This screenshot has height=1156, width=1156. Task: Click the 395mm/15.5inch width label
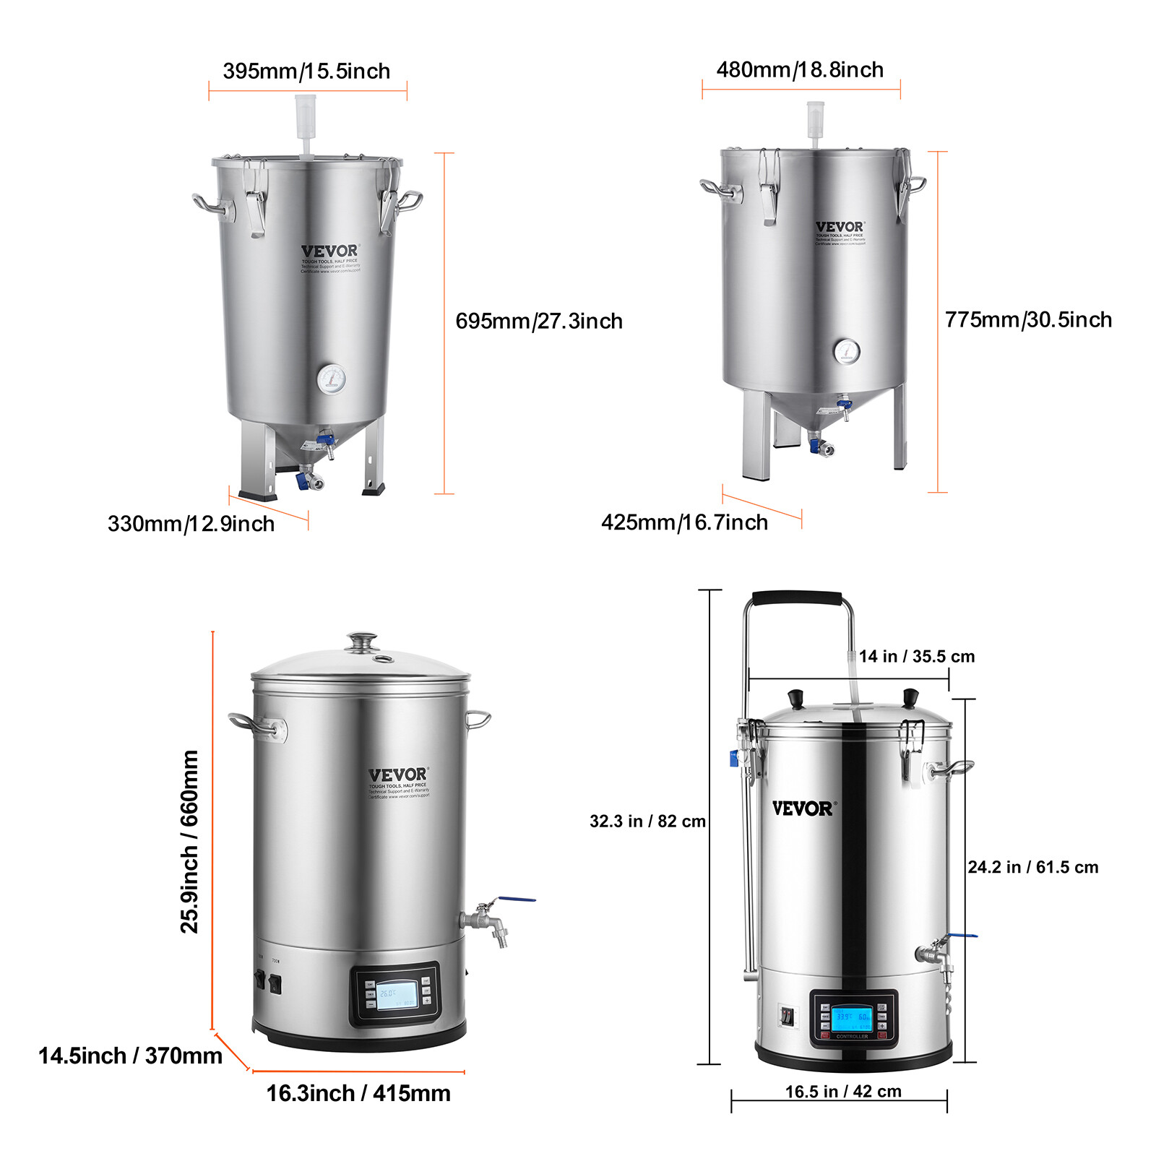[x=306, y=71]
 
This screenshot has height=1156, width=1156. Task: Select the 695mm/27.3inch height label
[x=539, y=321]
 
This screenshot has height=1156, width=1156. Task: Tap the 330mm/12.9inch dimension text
[x=191, y=523]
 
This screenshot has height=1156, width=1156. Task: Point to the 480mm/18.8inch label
[x=800, y=69]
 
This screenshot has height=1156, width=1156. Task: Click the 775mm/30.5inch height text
[x=1028, y=319]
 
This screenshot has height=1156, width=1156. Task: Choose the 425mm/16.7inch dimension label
[x=684, y=522]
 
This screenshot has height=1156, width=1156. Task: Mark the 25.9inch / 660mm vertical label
[x=189, y=842]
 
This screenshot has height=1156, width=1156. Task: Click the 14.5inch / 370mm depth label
[x=130, y=1056]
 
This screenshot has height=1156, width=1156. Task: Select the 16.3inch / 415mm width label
[x=358, y=1093]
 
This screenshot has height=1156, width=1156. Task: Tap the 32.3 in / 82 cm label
[x=647, y=821]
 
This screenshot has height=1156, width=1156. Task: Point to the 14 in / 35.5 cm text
[x=916, y=656]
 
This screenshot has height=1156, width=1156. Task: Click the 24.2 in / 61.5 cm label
[x=1032, y=867]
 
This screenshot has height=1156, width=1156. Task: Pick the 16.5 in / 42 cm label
[x=843, y=1091]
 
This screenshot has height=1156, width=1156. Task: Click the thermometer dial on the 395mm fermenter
[x=331, y=379]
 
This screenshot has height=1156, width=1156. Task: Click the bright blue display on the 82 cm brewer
[x=852, y=1019]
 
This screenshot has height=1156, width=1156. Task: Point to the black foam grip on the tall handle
[x=798, y=598]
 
